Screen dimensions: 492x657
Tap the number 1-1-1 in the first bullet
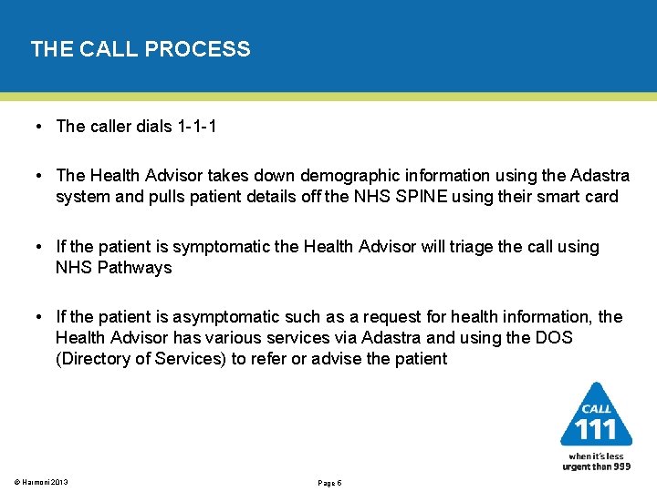click(x=194, y=127)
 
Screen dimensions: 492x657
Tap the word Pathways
click(x=136, y=268)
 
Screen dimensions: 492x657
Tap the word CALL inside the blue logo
click(x=596, y=409)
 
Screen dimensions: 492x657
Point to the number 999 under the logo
click(x=620, y=466)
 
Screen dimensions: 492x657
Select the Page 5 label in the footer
click(x=328, y=482)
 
